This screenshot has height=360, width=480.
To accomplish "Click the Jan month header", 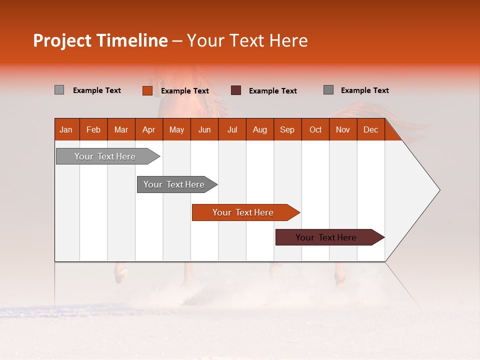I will [x=66, y=129].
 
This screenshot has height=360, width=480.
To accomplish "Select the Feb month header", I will [x=93, y=129].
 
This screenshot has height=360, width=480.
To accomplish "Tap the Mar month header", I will [x=121, y=129].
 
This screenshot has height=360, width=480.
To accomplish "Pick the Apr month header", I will [x=148, y=129].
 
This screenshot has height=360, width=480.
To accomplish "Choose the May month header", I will [x=176, y=129].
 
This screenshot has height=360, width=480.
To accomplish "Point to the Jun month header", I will [x=204, y=129].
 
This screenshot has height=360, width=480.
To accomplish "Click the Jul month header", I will [x=232, y=129].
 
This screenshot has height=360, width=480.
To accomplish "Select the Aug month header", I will [x=259, y=129].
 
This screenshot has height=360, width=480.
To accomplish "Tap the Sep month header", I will [x=287, y=129].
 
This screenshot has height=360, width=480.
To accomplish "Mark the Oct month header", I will [x=315, y=129].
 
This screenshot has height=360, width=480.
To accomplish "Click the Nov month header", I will [x=343, y=129].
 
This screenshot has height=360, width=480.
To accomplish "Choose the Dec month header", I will [x=370, y=129].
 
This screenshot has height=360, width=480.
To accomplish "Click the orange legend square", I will [x=147, y=90].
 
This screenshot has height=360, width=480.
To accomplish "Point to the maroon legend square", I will [x=236, y=90].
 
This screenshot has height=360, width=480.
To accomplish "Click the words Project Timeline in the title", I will [x=100, y=40].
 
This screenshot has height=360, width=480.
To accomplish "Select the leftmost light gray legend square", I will [x=59, y=90].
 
